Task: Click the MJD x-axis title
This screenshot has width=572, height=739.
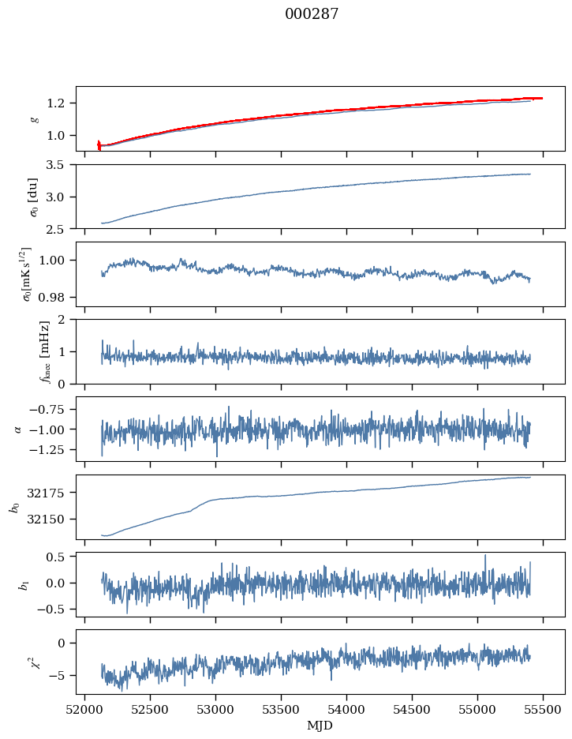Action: click(320, 725)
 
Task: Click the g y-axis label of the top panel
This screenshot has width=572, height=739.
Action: click(33, 118)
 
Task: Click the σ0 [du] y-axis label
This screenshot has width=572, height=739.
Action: click(33, 196)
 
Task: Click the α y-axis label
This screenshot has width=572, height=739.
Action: click(17, 429)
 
